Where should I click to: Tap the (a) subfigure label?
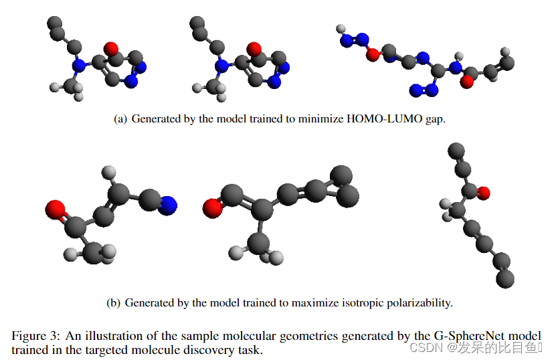tap(120, 119)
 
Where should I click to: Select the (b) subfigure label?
tap(114, 302)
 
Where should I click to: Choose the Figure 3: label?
tap(33, 335)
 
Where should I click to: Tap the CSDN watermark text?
tap(423, 347)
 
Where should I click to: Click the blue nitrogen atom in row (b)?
tap(169, 204)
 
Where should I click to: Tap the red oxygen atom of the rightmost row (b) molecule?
tap(484, 193)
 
